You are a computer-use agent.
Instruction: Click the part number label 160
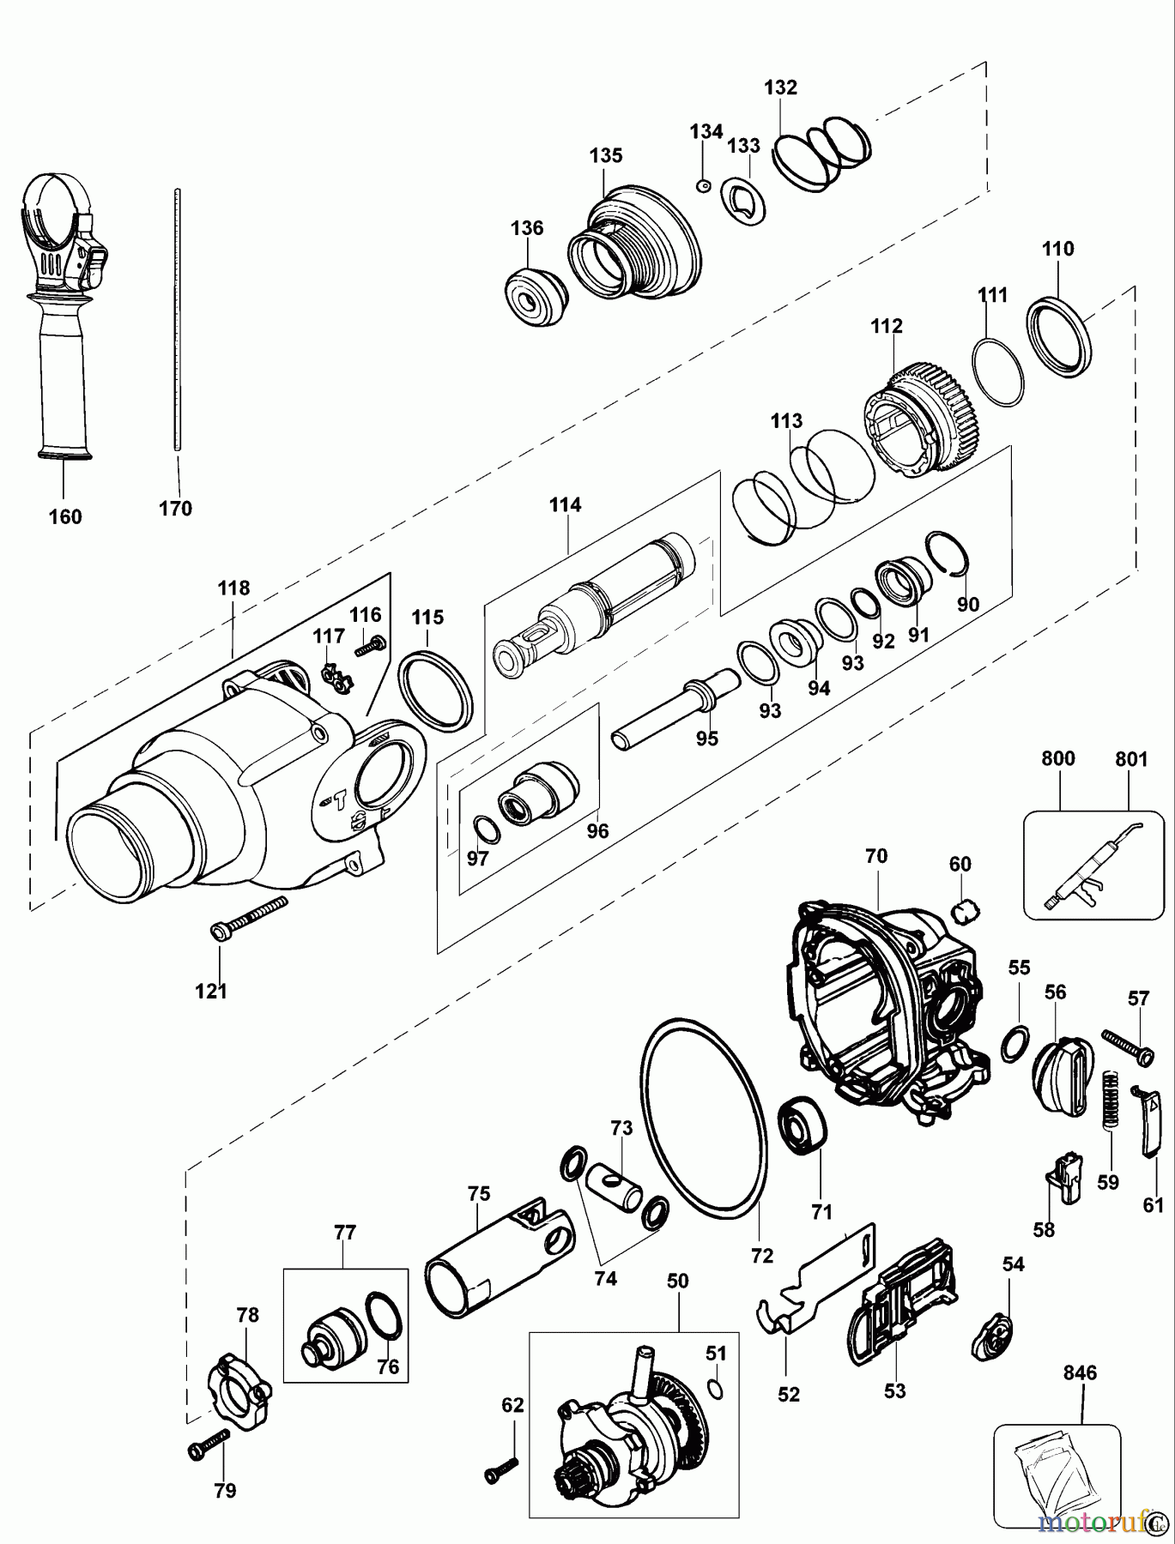[66, 516]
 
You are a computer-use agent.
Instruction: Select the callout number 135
[606, 155]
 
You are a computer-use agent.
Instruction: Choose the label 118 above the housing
[233, 588]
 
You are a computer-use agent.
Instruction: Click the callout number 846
[1080, 1373]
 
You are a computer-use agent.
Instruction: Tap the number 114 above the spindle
[566, 504]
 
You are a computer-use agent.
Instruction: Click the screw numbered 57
[1122, 1047]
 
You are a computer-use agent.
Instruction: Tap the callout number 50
[677, 1281]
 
